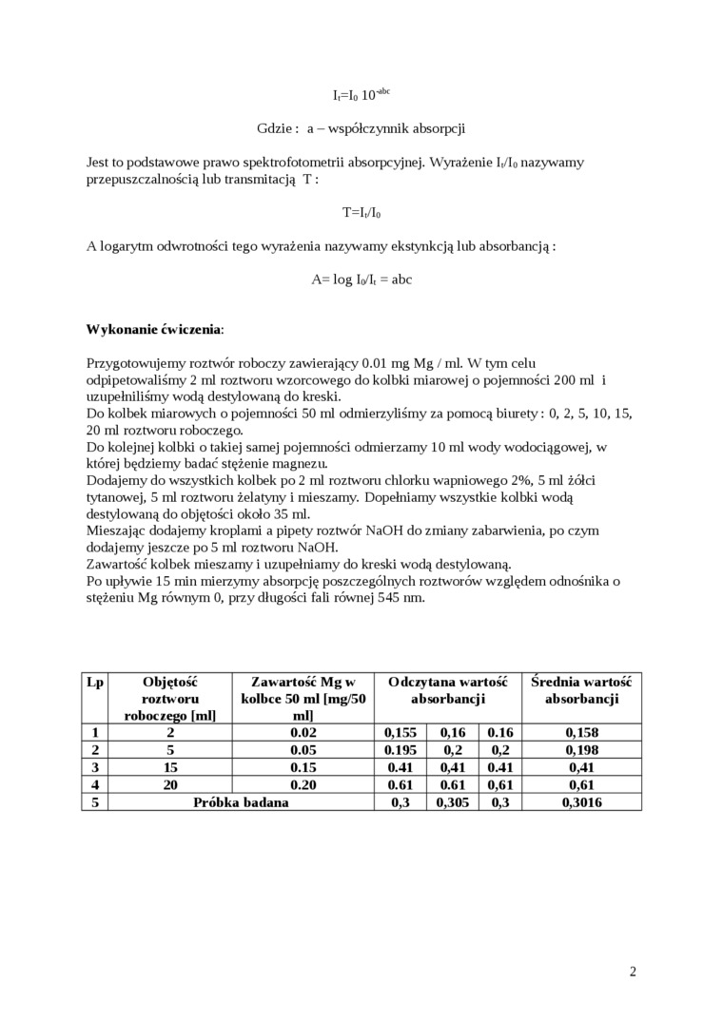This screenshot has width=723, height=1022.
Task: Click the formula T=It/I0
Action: click(361, 213)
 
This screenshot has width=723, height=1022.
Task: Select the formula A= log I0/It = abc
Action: click(361, 280)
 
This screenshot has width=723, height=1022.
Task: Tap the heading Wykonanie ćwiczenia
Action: click(155, 329)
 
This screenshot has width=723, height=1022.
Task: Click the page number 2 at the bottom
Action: click(633, 971)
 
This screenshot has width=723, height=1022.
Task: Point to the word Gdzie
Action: click(277, 128)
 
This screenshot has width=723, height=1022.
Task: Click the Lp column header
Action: click(95, 682)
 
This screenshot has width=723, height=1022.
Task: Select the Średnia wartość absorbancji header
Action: click(581, 690)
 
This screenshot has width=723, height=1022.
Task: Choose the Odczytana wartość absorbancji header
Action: click(447, 690)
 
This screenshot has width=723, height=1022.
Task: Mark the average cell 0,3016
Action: click(581, 801)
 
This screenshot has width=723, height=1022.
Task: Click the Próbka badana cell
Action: click(241, 801)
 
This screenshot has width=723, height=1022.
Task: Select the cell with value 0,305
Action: click(453, 801)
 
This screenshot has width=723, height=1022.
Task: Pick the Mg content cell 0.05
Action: click(303, 749)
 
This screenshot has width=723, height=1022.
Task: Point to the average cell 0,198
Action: click(581, 749)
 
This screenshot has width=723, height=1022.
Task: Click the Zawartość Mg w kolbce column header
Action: click(303, 699)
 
